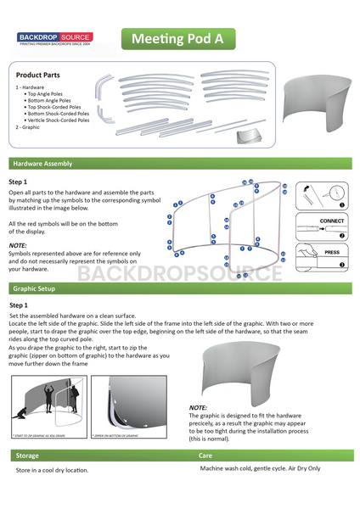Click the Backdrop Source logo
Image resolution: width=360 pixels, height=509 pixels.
pyautogui.click(x=55, y=38)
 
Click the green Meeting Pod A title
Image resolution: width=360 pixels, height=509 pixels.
pyautogui.click(x=177, y=39)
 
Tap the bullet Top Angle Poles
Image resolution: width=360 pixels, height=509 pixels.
pyautogui.click(x=49, y=93)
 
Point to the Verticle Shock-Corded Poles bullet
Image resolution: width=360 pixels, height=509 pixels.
pyautogui.click(x=59, y=120)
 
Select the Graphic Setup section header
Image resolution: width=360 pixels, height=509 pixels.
pyautogui.click(x=37, y=288)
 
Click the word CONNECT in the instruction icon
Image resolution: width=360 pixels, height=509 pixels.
pyautogui.click(x=332, y=221)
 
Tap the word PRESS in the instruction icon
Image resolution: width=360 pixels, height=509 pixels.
pyautogui.click(x=332, y=252)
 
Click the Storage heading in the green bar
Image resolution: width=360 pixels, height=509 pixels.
pyautogui.click(x=27, y=456)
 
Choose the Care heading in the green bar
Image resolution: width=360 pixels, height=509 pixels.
pyautogui.click(x=205, y=456)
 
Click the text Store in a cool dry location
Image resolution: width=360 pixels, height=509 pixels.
pyautogui.click(x=52, y=469)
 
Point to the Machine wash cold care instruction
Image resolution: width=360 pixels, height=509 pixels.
pyautogui.click(x=260, y=467)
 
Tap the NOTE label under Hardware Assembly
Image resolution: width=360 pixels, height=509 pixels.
pyautogui.click(x=18, y=244)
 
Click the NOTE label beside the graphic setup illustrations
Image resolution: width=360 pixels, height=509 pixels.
pyautogui.click(x=198, y=408)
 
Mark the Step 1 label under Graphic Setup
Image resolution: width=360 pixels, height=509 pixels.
pyautogui.click(x=19, y=305)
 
